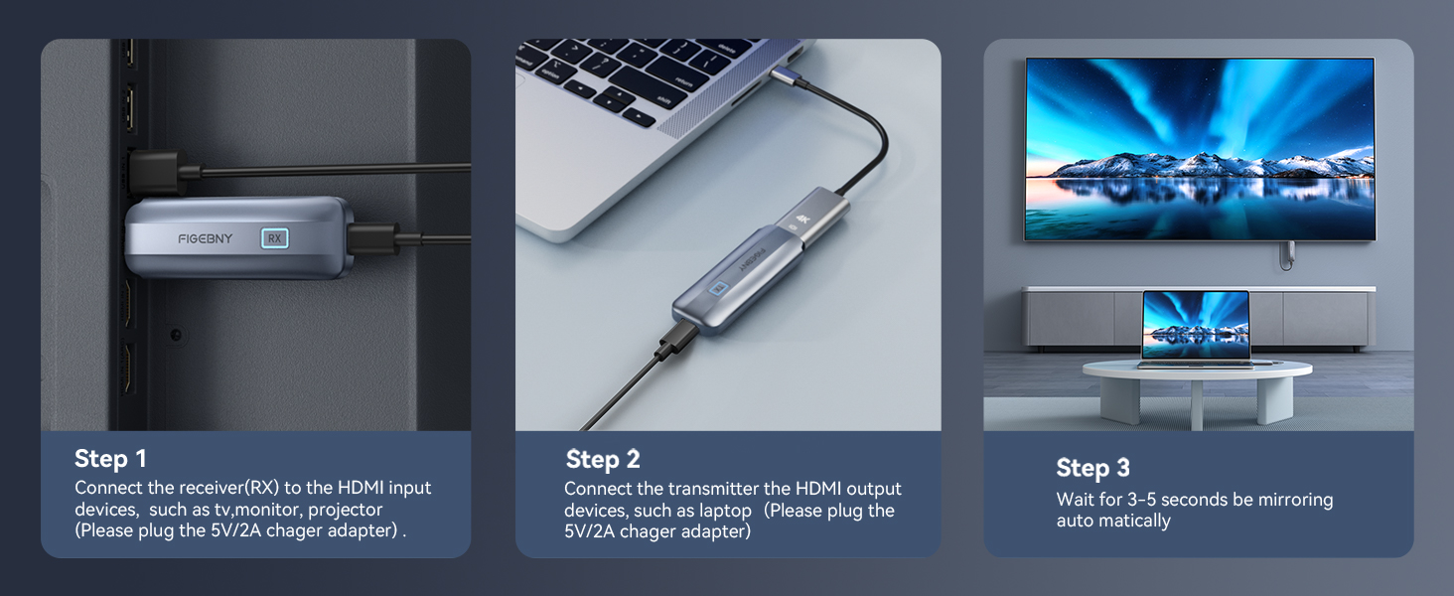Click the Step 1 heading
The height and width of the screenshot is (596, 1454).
coord(110,458)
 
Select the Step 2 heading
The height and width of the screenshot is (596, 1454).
coord(603,459)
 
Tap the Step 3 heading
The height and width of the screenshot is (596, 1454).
coord(1092,468)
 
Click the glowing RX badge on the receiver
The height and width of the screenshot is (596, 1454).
coord(274,238)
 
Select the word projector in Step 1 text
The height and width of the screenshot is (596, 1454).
coord(345,509)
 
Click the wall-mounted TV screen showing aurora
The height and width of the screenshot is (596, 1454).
coord(1200,149)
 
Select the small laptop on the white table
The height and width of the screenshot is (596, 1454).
coord(1195,329)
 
